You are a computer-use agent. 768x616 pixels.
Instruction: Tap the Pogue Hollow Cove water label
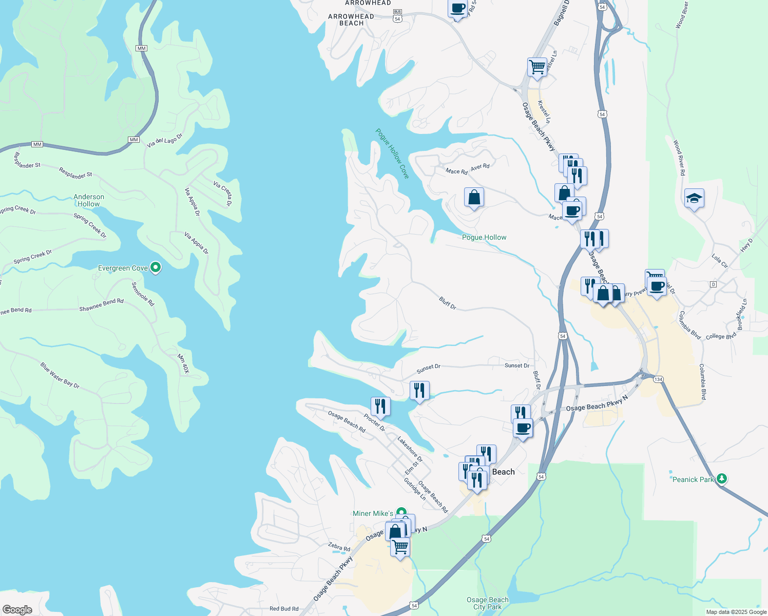click(392, 153)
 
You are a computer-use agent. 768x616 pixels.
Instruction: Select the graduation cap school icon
click(694, 199)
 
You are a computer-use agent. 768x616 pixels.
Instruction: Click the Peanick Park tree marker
click(722, 479)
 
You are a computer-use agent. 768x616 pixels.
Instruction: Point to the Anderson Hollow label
click(89, 200)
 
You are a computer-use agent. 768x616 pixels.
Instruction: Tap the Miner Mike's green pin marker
click(401, 513)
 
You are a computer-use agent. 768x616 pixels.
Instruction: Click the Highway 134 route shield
click(659, 379)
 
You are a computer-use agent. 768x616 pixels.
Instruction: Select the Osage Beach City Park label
click(487, 603)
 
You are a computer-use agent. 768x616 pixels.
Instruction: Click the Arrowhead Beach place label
click(351, 20)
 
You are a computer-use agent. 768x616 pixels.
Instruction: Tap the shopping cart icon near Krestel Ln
click(537, 67)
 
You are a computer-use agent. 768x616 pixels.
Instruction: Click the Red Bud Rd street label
click(284, 609)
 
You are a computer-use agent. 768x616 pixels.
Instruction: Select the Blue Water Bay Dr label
click(60, 375)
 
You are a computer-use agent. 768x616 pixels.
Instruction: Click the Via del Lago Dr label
click(164, 141)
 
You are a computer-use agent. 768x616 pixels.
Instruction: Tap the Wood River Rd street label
click(679, 158)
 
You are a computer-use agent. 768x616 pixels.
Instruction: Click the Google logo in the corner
click(17, 609)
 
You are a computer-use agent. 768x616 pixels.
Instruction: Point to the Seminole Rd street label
click(143, 294)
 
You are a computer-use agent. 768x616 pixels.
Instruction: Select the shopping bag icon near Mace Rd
click(474, 197)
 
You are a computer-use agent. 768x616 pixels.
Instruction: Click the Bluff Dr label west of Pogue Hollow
click(448, 303)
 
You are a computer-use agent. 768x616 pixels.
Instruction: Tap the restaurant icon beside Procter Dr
click(380, 407)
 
